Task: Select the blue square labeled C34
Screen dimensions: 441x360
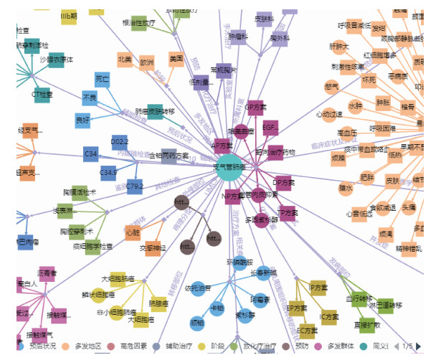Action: pos(91,153)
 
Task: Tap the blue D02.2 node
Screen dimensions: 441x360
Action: pos(120,143)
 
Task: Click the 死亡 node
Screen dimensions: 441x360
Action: pos(103,79)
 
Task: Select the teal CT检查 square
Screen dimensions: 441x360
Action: pos(42,95)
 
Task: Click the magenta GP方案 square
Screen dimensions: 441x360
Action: pos(255,108)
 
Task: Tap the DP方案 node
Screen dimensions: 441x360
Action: pos(283,183)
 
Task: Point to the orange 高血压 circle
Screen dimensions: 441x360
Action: pos(347,133)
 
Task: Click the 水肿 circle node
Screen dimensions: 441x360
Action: pos(355,105)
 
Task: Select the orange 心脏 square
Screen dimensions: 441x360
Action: pos(133,232)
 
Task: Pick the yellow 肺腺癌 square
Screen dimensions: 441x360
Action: pos(158,303)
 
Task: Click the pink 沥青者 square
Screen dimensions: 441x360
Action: pos(47,274)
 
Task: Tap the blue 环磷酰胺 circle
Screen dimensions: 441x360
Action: pos(240,263)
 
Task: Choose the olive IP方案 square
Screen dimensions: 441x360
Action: pos(318,288)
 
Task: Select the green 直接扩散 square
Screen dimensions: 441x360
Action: pos(365,324)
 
